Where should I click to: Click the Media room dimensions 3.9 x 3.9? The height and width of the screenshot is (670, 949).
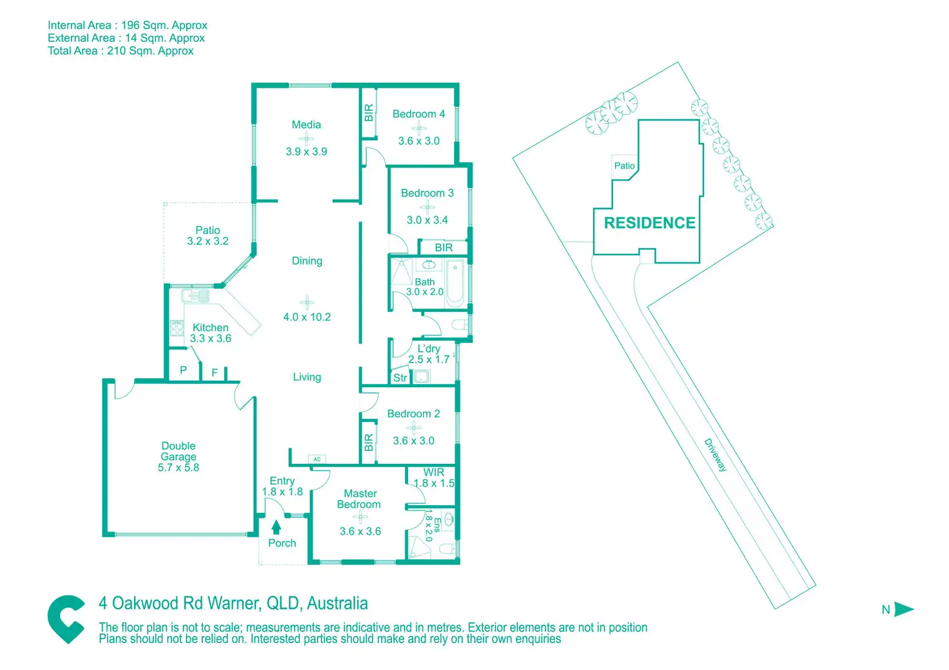306,151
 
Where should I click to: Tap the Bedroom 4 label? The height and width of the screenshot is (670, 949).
418,114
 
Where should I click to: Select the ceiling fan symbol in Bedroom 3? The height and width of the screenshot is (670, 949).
427,207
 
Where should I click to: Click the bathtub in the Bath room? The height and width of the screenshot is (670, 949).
455,283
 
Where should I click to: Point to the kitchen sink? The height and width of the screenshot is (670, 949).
195,296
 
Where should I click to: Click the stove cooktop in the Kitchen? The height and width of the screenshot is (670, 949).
176,328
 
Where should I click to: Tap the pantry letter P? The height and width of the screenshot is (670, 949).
183,370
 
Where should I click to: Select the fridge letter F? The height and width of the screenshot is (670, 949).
215,372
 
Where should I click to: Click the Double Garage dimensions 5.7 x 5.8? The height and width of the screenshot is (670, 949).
179,467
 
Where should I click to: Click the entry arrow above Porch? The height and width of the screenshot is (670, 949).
276,527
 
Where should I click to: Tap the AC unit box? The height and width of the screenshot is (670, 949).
317,459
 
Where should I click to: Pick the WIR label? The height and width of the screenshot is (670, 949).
433,472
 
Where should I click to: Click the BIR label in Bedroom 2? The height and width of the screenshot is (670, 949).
369,443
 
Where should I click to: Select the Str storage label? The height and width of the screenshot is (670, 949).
400,378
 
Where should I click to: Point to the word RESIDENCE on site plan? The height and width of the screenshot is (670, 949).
649,223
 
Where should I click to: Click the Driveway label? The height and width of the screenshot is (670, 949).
715,455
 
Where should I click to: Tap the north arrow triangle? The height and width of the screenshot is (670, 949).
904,609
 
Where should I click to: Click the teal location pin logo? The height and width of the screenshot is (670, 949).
66,619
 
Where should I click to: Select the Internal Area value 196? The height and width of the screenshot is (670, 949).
130,25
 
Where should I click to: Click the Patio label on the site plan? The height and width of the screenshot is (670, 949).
625,166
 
